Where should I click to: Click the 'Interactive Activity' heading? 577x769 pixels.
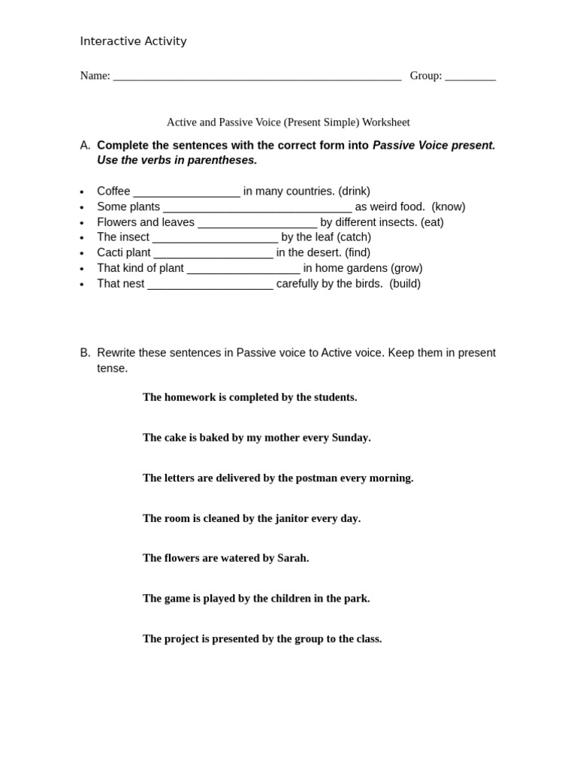tap(133, 41)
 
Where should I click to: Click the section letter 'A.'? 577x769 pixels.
tap(85, 145)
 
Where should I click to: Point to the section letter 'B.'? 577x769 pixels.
tap(85, 352)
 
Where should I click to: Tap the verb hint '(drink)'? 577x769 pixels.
tap(354, 191)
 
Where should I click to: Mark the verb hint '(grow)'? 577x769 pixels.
tap(406, 268)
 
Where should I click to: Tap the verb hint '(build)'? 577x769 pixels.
tap(405, 283)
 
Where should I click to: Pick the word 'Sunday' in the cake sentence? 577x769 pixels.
tap(349, 437)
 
